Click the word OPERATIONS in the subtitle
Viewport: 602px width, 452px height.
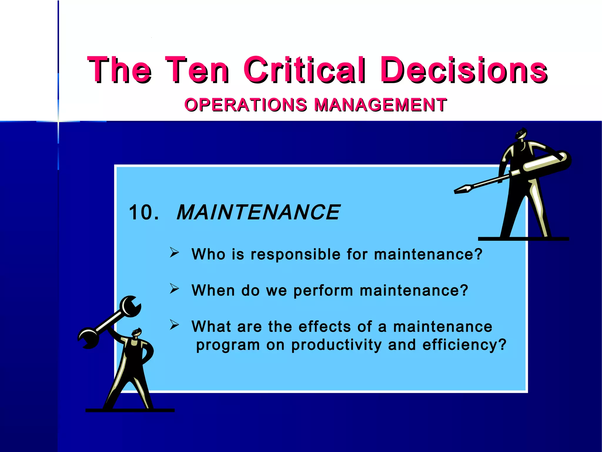(246, 105)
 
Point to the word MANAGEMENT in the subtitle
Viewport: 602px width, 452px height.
(380, 105)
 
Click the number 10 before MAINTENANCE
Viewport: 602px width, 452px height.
(141, 212)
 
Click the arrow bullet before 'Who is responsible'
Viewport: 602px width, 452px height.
(174, 252)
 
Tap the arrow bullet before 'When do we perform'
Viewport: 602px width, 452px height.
(174, 289)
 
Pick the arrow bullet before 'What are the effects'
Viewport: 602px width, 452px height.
(174, 325)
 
